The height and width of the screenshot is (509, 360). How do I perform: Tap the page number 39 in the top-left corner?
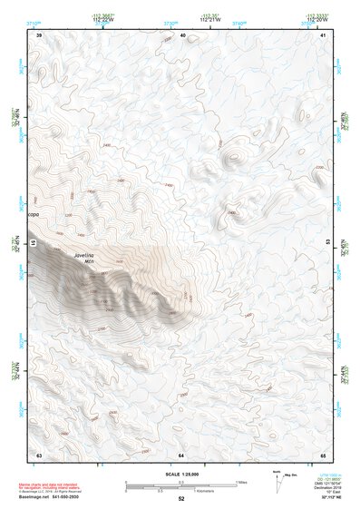click(39, 35)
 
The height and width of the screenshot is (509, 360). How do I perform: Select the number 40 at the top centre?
click(183, 35)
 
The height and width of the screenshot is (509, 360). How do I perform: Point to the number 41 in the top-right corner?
click(324, 35)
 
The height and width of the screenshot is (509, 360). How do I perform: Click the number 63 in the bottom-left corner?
click(39, 454)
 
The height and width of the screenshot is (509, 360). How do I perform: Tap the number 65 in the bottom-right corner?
click(323, 454)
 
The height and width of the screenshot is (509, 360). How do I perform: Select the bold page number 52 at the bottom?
click(181, 500)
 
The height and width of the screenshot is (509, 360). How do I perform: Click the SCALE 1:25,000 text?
click(181, 473)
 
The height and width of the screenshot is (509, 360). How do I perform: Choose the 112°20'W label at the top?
click(316, 19)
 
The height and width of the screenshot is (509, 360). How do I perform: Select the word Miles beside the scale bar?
click(241, 482)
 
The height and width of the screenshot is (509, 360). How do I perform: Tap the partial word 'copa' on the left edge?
click(34, 214)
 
